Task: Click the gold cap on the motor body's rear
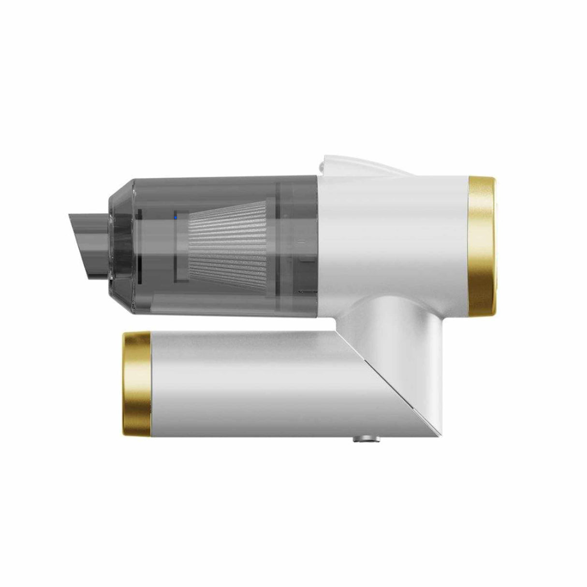tap(482, 245)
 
